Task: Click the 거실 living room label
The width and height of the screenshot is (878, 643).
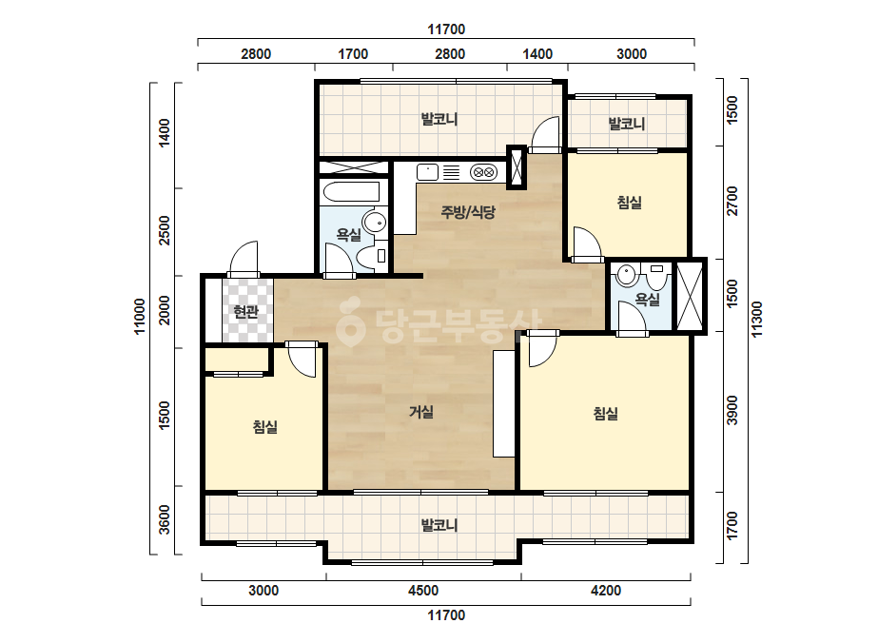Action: point(421,412)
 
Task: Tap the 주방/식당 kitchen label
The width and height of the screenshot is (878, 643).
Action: point(468,212)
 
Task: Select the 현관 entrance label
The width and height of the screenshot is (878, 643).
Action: point(245,311)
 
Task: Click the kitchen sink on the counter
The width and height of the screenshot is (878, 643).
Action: point(427,172)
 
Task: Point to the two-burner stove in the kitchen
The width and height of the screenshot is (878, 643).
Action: point(483,172)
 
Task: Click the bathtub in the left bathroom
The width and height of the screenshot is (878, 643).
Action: point(352,191)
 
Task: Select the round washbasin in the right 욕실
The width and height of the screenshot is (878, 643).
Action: point(626,275)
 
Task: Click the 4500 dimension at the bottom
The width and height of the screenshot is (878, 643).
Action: point(423,591)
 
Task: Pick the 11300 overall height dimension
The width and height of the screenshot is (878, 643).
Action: point(757,320)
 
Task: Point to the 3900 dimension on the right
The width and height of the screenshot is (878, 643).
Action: point(732,411)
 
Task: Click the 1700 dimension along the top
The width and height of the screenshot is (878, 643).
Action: point(353,54)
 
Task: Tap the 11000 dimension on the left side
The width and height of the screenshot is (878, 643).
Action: point(140,317)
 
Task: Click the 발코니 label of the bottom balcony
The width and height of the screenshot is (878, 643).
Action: point(439,525)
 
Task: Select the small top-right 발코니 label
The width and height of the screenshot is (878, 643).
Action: point(627,124)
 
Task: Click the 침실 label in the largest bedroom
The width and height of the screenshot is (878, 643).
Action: point(606,414)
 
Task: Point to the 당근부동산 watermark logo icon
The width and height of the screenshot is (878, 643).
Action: point(350,322)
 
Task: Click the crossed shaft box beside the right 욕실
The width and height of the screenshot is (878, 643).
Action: point(690,296)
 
